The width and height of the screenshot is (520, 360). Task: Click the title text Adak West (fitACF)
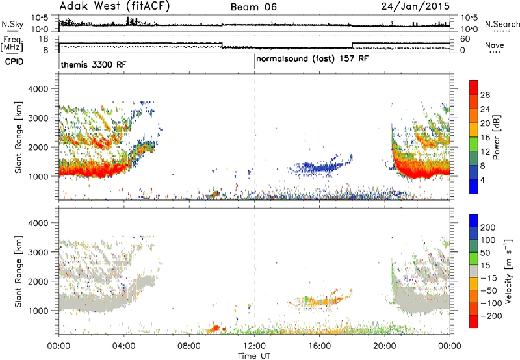(114, 6)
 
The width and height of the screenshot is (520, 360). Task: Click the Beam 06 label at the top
(253, 7)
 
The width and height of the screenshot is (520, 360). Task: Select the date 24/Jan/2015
(415, 6)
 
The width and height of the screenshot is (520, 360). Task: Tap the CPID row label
(14, 62)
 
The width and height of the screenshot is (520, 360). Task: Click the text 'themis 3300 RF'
(94, 64)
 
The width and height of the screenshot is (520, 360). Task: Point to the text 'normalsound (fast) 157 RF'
(312, 59)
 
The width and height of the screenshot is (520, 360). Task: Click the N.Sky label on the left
(12, 24)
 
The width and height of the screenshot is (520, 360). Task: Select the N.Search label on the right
(502, 24)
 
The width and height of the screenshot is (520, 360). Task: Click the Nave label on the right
(495, 45)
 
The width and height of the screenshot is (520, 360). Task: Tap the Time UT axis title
(254, 356)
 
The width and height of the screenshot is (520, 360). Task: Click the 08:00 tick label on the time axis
(189, 346)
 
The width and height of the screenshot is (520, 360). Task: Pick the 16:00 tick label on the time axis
(319, 346)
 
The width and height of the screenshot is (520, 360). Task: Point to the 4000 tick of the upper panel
(38, 89)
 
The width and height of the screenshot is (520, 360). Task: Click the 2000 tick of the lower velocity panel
(38, 281)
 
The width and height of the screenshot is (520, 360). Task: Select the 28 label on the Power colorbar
(485, 95)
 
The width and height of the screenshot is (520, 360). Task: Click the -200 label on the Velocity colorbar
(491, 316)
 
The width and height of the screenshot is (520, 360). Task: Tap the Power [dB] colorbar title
(497, 137)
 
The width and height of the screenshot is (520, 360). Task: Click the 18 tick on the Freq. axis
(44, 39)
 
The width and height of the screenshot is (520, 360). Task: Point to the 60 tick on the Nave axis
(465, 39)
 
